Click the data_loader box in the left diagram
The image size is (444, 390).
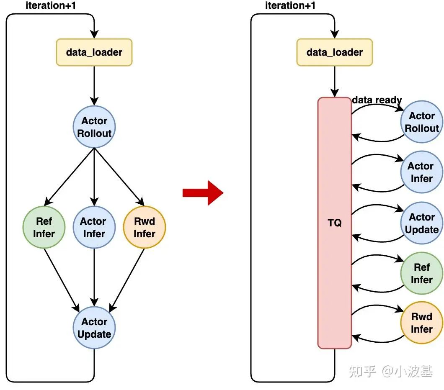[94, 52]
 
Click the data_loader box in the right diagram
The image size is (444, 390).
[334, 52]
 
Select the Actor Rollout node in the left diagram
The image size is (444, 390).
[94, 127]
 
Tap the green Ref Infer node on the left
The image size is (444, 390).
[44, 228]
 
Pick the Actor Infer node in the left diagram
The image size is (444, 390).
[94, 228]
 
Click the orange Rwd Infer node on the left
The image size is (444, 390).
[145, 228]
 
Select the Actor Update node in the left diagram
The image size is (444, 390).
[94, 328]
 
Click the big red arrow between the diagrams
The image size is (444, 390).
[203, 192]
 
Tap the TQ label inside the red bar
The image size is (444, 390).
[334, 223]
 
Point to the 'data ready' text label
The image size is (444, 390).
[377, 100]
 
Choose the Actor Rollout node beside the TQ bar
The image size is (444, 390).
[421, 122]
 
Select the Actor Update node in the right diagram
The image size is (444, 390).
[421, 223]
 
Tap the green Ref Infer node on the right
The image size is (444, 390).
[421, 273]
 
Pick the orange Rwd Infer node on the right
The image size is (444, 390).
[421, 323]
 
